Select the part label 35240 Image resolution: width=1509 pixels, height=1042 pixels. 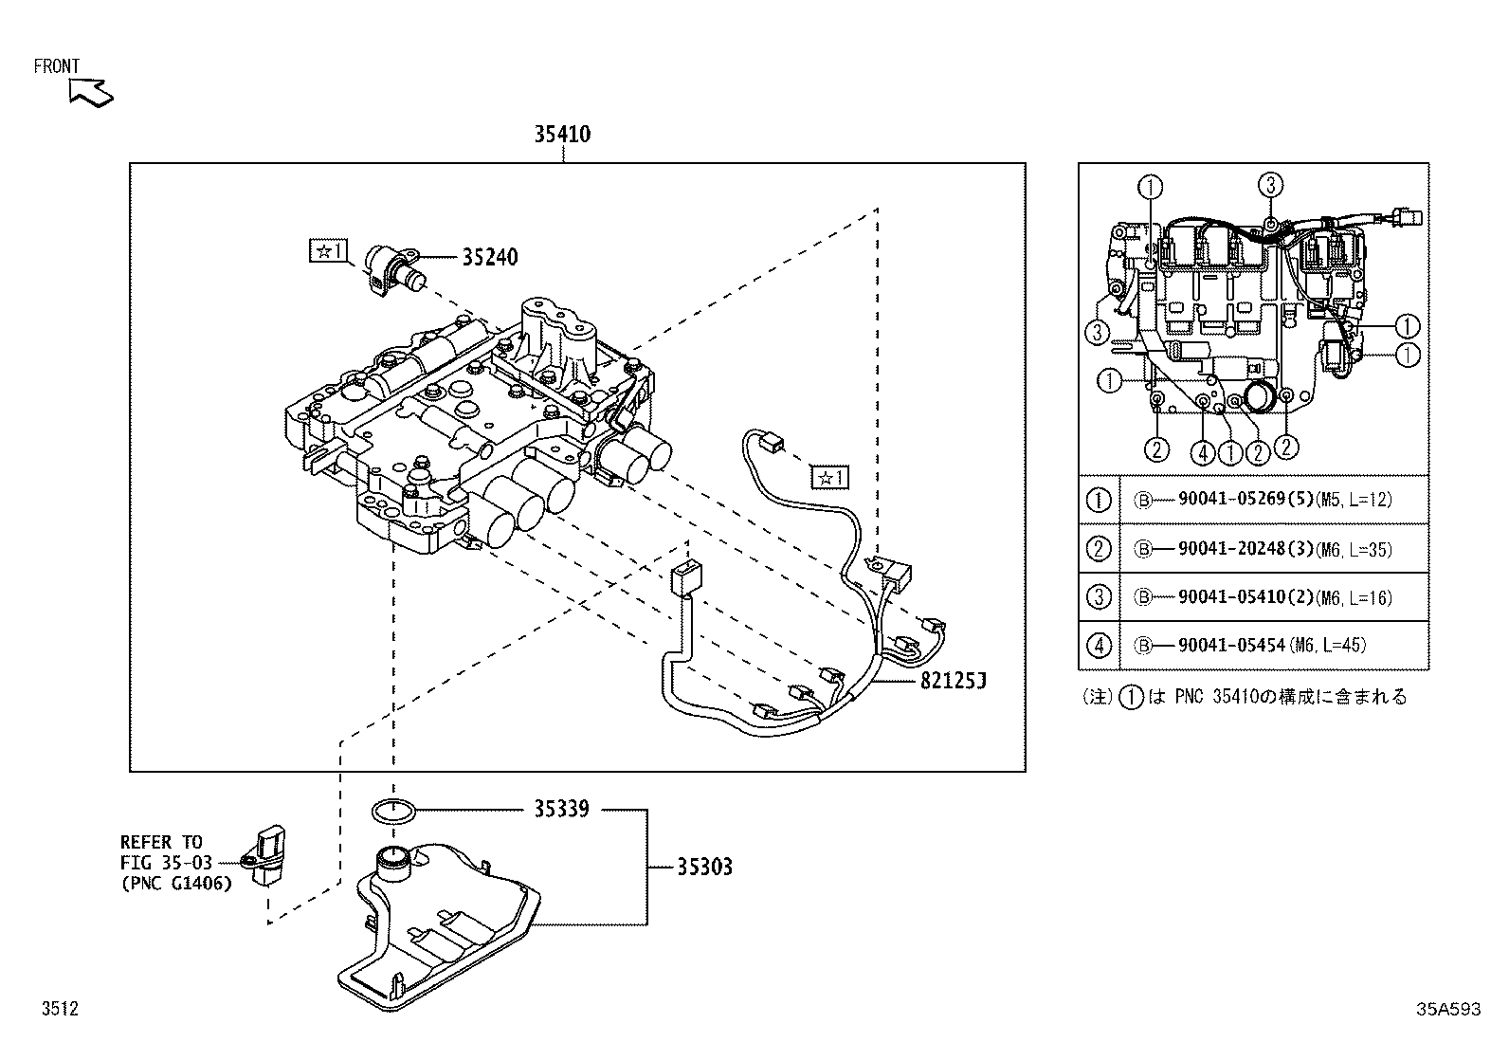pos(490,257)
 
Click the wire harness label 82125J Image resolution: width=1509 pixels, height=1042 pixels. pos(953,681)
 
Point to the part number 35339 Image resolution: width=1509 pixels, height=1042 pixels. pos(560,809)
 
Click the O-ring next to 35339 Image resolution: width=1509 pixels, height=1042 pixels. pos(391,812)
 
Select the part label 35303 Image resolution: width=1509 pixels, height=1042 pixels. pos(704,867)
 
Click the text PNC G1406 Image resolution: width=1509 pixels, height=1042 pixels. pos(176,884)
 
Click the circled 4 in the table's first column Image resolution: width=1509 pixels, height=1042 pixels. pos(1099,646)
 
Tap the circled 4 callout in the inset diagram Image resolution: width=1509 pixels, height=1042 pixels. pos(1202,452)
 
